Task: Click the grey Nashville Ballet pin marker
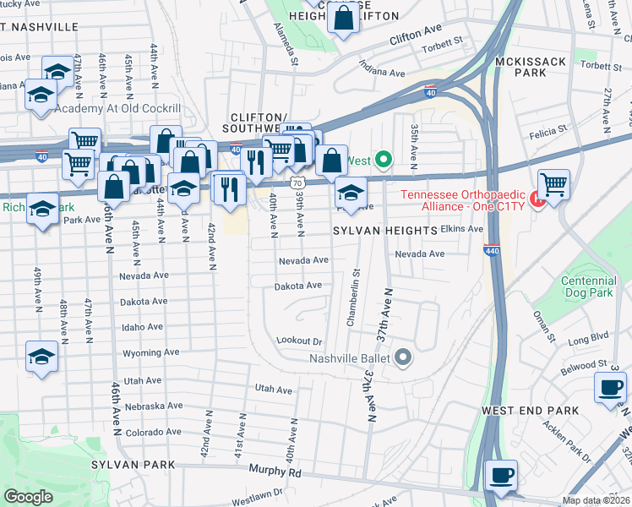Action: (x=403, y=357)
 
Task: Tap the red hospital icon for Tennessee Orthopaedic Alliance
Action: (x=535, y=200)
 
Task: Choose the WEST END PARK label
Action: (x=530, y=411)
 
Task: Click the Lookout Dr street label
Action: (x=300, y=341)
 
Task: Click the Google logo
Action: (x=28, y=497)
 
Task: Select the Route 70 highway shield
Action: (x=295, y=182)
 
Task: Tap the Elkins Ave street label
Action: (x=462, y=229)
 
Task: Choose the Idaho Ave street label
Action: (x=142, y=327)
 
